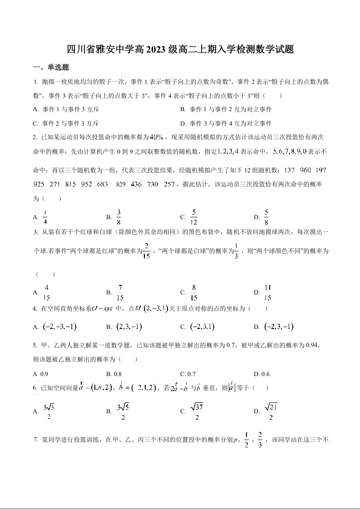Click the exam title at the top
pos(180,49)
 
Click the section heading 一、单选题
pos(51,68)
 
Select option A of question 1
pos(66,109)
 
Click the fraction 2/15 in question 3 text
pos(146,251)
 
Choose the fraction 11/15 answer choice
pos(268,293)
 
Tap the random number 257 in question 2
pos(169,184)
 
